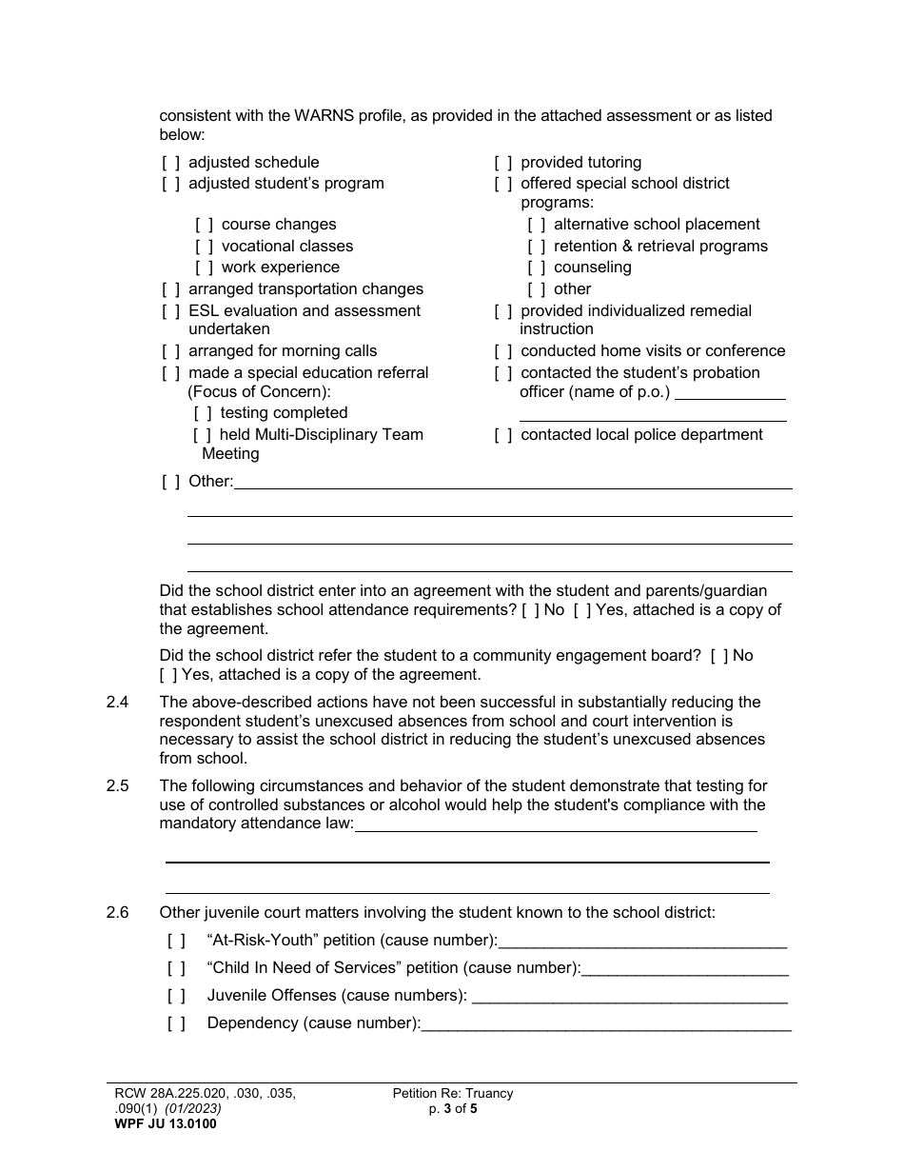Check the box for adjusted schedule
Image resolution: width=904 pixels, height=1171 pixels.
click(x=170, y=163)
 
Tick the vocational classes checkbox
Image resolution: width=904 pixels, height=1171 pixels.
click(x=204, y=247)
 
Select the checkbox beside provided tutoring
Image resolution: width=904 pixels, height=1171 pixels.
click(x=503, y=163)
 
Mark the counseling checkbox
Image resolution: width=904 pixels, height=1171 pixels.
click(x=537, y=268)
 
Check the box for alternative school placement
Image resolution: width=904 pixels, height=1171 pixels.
click(x=537, y=225)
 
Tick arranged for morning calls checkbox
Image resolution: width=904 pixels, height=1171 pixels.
click(x=170, y=351)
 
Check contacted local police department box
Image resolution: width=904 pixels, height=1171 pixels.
click(x=503, y=435)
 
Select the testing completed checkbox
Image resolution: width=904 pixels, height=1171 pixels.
click(x=203, y=413)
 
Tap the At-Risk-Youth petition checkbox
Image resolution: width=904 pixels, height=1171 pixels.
click(x=176, y=942)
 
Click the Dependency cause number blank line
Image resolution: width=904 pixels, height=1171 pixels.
click(x=606, y=1025)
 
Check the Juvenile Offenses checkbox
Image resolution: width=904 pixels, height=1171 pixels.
click(x=176, y=996)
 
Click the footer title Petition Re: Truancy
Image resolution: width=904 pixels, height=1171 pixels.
click(x=453, y=1094)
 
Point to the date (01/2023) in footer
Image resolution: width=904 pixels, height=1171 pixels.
click(x=193, y=1109)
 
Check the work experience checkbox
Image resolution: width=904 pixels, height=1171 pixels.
click(x=204, y=268)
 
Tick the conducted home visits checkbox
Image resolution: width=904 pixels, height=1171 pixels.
click(x=503, y=351)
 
